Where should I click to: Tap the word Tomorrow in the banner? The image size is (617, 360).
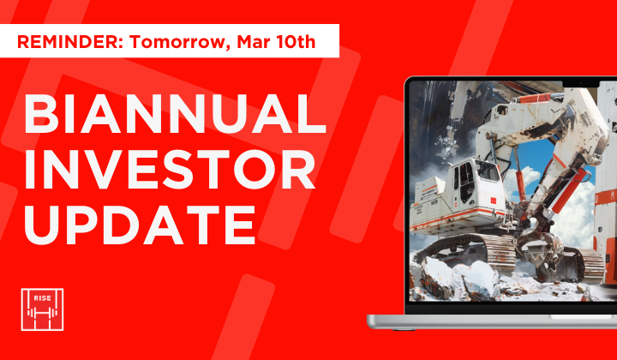(165, 40)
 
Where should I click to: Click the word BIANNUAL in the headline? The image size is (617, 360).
(175, 114)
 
